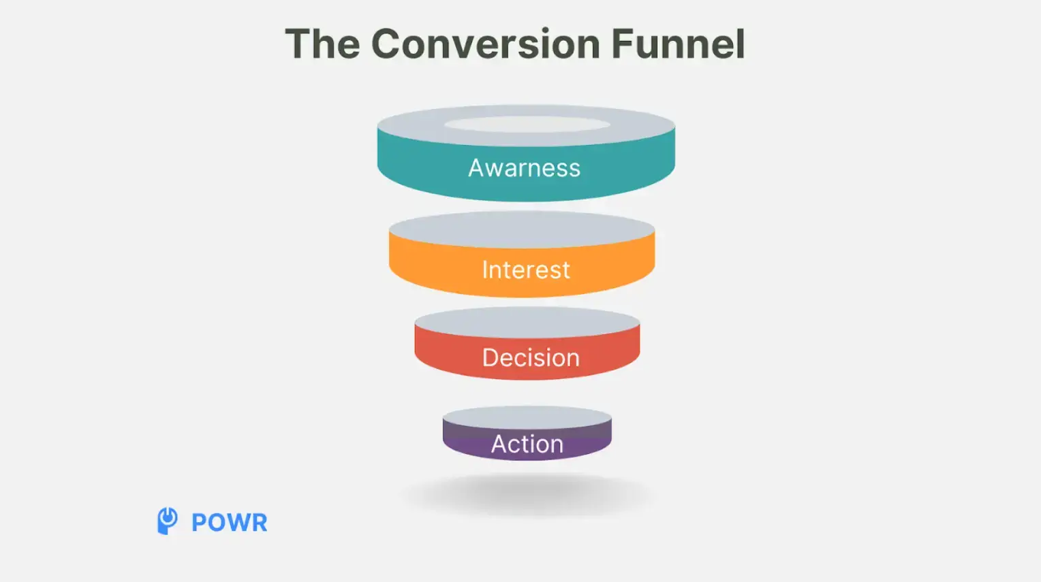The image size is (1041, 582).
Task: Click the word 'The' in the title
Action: pyautogui.click(x=322, y=44)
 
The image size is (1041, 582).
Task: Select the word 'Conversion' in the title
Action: pyautogui.click(x=485, y=44)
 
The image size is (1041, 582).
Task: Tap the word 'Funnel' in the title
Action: pyautogui.click(x=678, y=44)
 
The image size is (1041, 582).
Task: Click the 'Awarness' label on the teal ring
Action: pyautogui.click(x=524, y=168)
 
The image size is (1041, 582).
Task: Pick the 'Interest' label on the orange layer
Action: pyautogui.click(x=525, y=270)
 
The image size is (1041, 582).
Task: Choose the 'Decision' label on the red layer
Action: pyautogui.click(x=531, y=358)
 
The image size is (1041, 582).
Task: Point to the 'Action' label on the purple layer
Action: pyautogui.click(x=527, y=444)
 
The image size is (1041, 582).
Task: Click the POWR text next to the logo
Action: pyautogui.click(x=229, y=523)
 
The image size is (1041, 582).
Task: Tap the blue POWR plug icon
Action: pyautogui.click(x=167, y=521)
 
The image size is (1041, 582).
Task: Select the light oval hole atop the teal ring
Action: pyautogui.click(x=527, y=125)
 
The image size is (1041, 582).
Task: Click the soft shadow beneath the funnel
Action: pyautogui.click(x=527, y=495)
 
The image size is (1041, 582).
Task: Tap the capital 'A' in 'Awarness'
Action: pyautogui.click(x=476, y=168)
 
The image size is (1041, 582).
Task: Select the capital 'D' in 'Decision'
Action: pyautogui.click(x=491, y=358)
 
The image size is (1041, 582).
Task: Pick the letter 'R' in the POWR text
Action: pyautogui.click(x=258, y=523)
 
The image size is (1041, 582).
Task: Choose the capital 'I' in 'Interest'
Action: pyautogui.click(x=484, y=270)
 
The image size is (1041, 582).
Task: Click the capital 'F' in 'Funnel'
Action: pyautogui.click(x=622, y=44)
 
